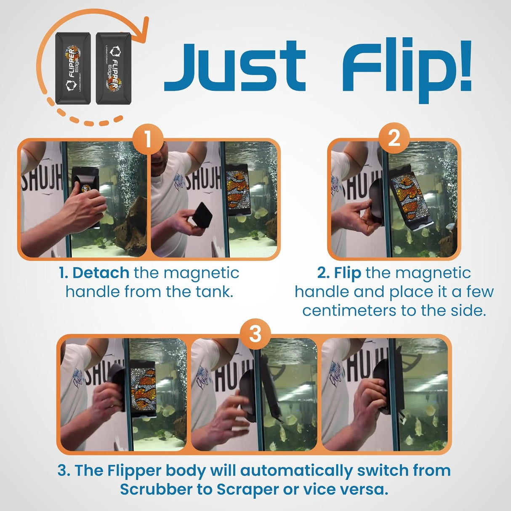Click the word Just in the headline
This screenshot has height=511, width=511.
234,67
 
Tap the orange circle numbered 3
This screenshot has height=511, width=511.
255,334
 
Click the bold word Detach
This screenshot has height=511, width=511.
101,273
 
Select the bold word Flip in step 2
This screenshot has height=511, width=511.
347,273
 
